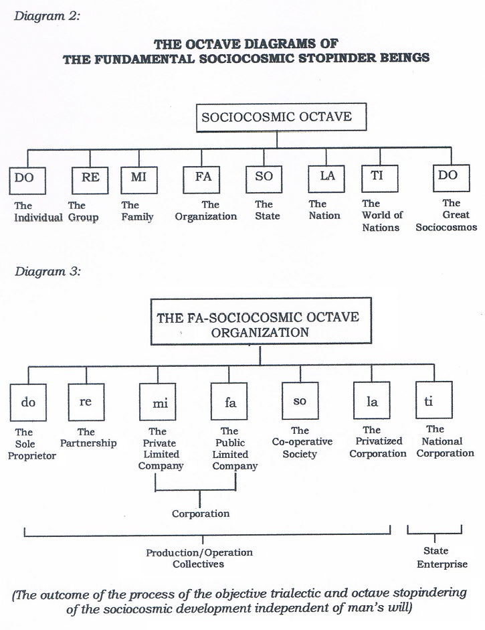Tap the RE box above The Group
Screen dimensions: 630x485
pos(90,178)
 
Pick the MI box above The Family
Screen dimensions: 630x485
pos(138,178)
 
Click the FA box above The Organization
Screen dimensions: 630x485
pos(203,177)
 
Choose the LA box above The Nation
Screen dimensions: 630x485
pos(326,177)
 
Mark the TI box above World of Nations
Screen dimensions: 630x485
pos(379,177)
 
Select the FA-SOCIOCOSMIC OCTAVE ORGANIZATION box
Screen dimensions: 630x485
pos(260,324)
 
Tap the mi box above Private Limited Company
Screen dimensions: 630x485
pos(161,403)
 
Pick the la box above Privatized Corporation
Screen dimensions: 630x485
pos(372,402)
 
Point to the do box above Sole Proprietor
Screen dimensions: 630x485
pos(29,403)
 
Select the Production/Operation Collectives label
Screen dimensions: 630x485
pos(199,558)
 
